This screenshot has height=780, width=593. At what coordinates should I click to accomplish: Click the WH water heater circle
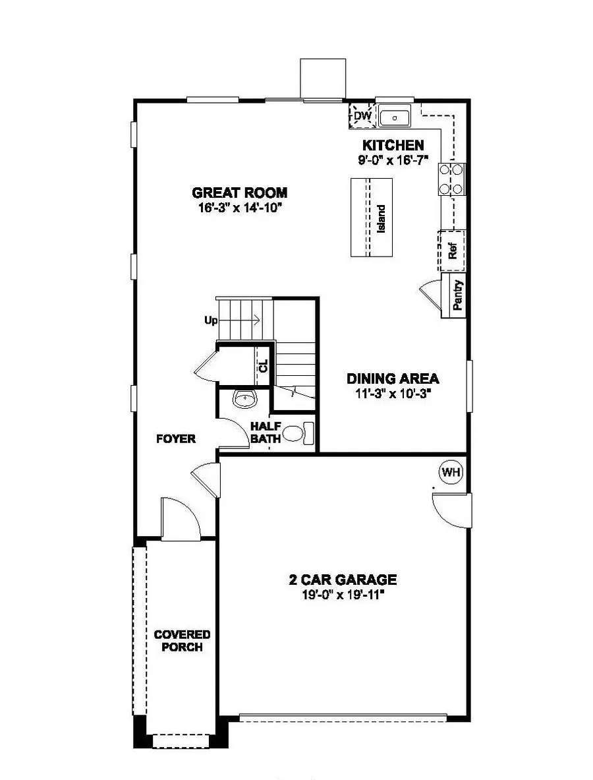pyautogui.click(x=451, y=472)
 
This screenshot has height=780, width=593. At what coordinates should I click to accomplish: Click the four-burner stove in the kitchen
pyautogui.click(x=451, y=179)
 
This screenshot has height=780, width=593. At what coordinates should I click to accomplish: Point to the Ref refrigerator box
pyautogui.click(x=452, y=250)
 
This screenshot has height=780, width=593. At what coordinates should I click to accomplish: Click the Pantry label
pyautogui.click(x=458, y=295)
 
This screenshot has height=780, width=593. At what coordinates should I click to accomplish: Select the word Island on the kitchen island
pyautogui.click(x=381, y=218)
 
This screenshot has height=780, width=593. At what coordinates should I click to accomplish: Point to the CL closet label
pyautogui.click(x=264, y=365)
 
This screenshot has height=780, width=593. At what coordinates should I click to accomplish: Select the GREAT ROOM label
pyautogui.click(x=239, y=193)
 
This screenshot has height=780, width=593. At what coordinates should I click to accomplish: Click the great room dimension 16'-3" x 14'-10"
pyautogui.click(x=239, y=208)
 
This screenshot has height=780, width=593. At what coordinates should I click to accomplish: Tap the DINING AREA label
pyautogui.click(x=393, y=378)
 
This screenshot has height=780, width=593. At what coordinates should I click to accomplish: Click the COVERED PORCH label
pyautogui.click(x=182, y=640)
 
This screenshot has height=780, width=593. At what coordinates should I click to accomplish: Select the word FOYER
pyautogui.click(x=176, y=438)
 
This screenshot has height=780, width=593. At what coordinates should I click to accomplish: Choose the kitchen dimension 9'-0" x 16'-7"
pyautogui.click(x=393, y=160)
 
